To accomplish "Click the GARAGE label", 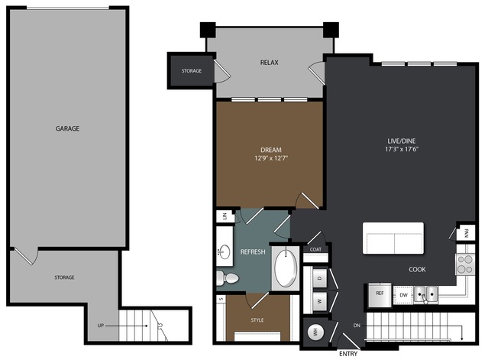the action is pos(67,128).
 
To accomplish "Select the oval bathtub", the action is pos(286,268).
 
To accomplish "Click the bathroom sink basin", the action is pos(225,251).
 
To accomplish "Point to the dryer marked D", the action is pos(320,277).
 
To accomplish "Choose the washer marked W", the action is pos(320,301).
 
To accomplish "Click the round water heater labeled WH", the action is pos(315,332).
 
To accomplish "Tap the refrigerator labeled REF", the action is pos(380,295).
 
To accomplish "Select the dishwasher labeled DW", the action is pos(403,295).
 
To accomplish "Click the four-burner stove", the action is pos(465,264).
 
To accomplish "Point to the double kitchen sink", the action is pos(425,294).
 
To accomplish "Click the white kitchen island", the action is pos(393,238).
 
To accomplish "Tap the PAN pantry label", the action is pos(466,233).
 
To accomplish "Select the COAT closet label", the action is pos(315,249).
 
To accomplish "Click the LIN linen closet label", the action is pos(225,216).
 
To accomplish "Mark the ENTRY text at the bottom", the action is pos(348,354).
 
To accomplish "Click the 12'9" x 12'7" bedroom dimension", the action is pos(271,158).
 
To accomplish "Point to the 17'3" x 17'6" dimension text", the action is pos(402,149).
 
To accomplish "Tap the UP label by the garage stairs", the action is pos(100,326).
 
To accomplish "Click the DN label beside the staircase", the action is pos(357,326).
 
